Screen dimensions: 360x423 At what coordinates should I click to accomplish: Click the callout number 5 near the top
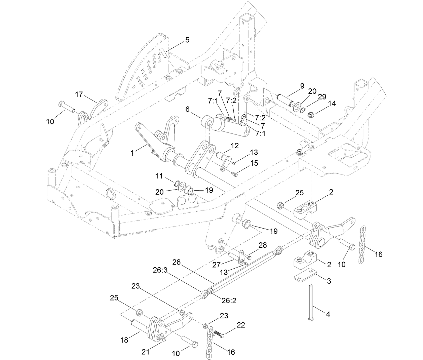point(187,40)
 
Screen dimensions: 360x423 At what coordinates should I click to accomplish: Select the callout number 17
point(79,94)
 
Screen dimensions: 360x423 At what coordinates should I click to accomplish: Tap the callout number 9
point(302,86)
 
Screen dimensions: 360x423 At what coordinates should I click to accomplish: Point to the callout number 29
point(322,97)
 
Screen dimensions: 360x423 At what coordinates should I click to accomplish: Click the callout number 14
point(332,104)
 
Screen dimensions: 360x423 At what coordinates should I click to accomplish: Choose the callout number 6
point(188,109)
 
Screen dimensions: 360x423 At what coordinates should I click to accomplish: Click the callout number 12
point(234,146)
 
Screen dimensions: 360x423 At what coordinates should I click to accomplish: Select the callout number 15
point(254,163)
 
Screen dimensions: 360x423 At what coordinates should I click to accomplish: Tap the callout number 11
point(159,176)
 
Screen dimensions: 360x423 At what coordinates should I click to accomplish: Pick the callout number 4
point(328,314)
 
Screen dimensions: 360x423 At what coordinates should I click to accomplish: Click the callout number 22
point(240,325)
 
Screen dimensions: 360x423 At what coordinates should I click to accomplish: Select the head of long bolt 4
point(310,318)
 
